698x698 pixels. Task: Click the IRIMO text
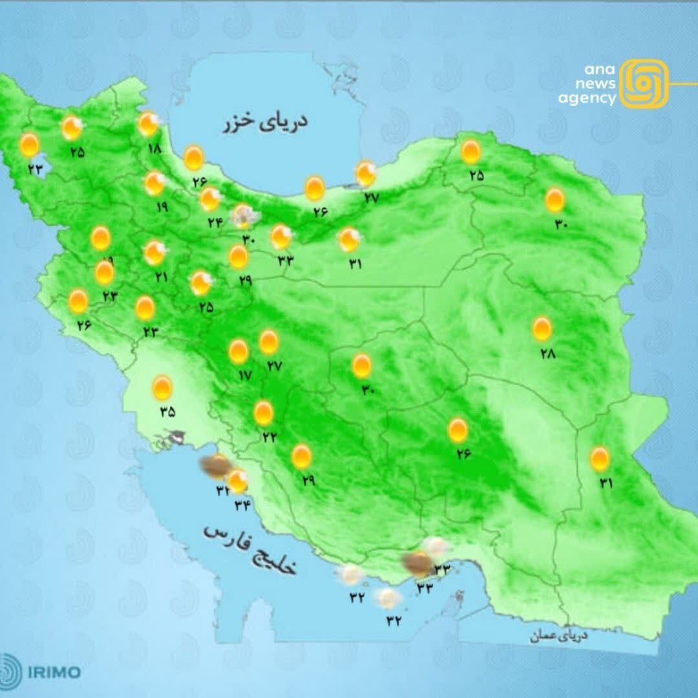[54, 672]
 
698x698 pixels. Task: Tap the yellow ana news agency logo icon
[643, 83]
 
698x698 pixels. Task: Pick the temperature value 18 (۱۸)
[154, 148]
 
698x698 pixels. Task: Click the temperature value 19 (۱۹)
[162, 207]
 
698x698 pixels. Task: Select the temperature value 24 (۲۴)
[215, 222]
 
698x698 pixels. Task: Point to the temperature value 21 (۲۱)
[160, 277]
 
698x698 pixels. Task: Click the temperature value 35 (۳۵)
[167, 412]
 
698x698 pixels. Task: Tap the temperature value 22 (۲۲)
[270, 436]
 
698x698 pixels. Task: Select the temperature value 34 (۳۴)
[242, 505]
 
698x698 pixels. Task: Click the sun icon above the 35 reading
[162, 388]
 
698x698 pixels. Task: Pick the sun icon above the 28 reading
[542, 329]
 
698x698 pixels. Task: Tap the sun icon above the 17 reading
[238, 352]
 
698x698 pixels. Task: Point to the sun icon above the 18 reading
[148, 123]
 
